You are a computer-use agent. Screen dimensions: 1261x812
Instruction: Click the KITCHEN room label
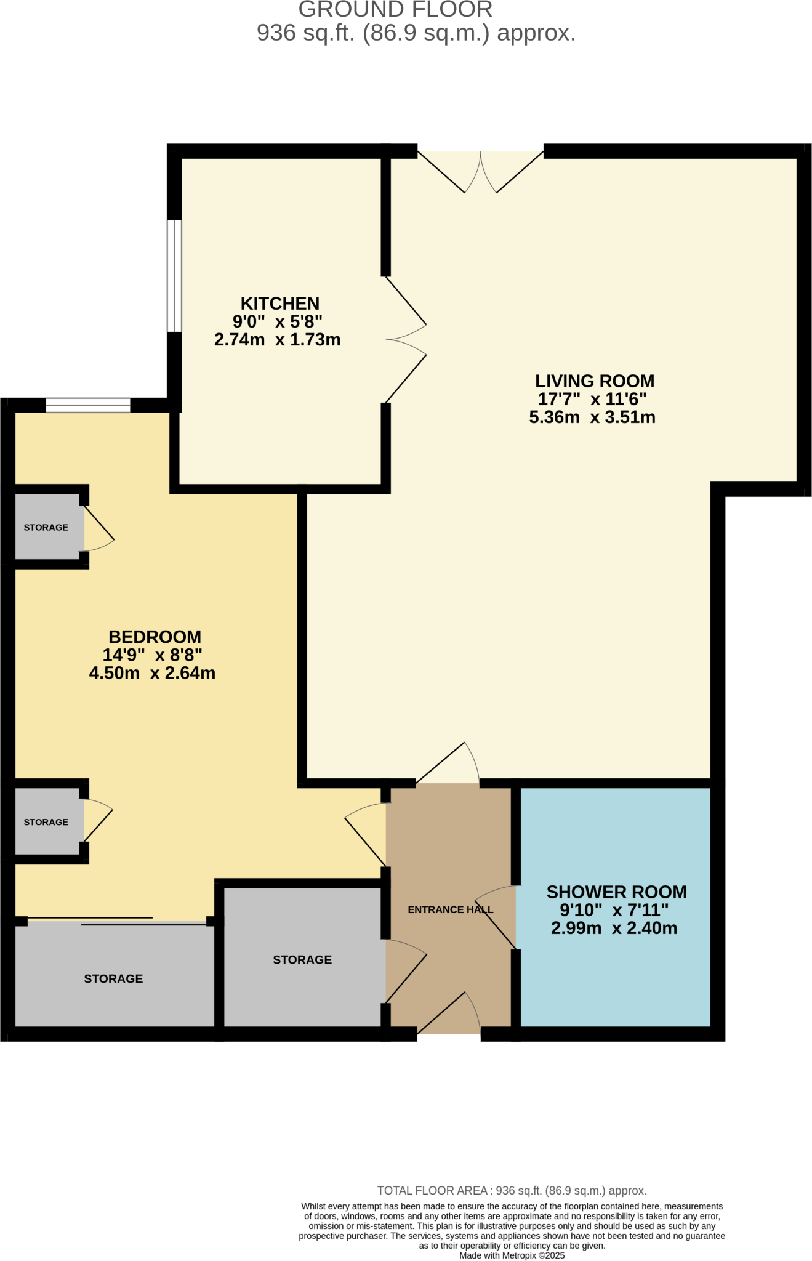point(279,304)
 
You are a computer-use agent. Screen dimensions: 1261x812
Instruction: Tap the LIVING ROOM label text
point(594,381)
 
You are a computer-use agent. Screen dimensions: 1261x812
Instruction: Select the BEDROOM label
point(155,637)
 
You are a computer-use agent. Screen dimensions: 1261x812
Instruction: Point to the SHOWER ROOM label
point(616,892)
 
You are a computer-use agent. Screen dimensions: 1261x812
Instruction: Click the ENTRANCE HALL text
point(450,909)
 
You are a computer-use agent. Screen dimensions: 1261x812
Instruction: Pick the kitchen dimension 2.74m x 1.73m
point(277,340)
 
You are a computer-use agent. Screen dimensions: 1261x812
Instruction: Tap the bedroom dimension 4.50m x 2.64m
point(152,673)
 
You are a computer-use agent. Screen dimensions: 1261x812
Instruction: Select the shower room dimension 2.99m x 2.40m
point(614,929)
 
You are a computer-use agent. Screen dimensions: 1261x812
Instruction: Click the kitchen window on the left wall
point(175,276)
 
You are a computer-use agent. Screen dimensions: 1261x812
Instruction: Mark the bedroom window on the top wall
point(88,405)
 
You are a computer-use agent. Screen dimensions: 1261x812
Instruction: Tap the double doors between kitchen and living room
point(405,340)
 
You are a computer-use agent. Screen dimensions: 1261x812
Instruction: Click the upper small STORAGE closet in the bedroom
point(46,527)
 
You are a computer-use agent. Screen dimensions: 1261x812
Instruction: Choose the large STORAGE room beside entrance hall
point(302,959)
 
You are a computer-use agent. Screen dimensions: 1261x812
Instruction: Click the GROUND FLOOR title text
point(395,10)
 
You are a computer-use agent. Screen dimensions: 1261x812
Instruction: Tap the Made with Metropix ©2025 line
point(512,1255)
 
